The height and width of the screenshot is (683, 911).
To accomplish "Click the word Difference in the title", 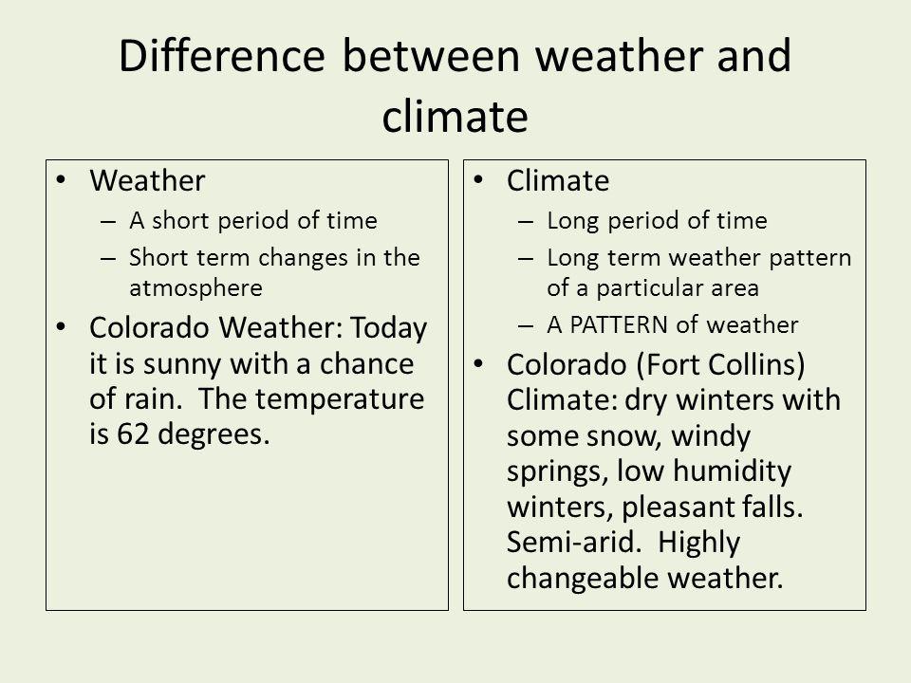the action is point(221,56).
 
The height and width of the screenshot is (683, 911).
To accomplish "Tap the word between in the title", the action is point(431,56).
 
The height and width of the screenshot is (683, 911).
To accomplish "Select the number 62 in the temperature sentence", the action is point(134,434).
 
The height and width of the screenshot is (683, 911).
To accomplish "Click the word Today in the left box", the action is point(389,328).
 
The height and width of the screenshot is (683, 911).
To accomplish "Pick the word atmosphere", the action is point(195,288).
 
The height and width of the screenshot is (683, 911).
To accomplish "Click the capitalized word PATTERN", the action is point(618,324).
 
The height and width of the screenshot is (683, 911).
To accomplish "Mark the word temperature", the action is point(340,400).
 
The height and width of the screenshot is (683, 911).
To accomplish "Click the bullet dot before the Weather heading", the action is point(61,180).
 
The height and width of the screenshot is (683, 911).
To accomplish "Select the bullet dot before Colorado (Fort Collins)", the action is point(478,364).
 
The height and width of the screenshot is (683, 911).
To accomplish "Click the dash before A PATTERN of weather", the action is point(525,325).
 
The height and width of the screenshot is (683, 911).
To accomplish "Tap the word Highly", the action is point(699,544).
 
